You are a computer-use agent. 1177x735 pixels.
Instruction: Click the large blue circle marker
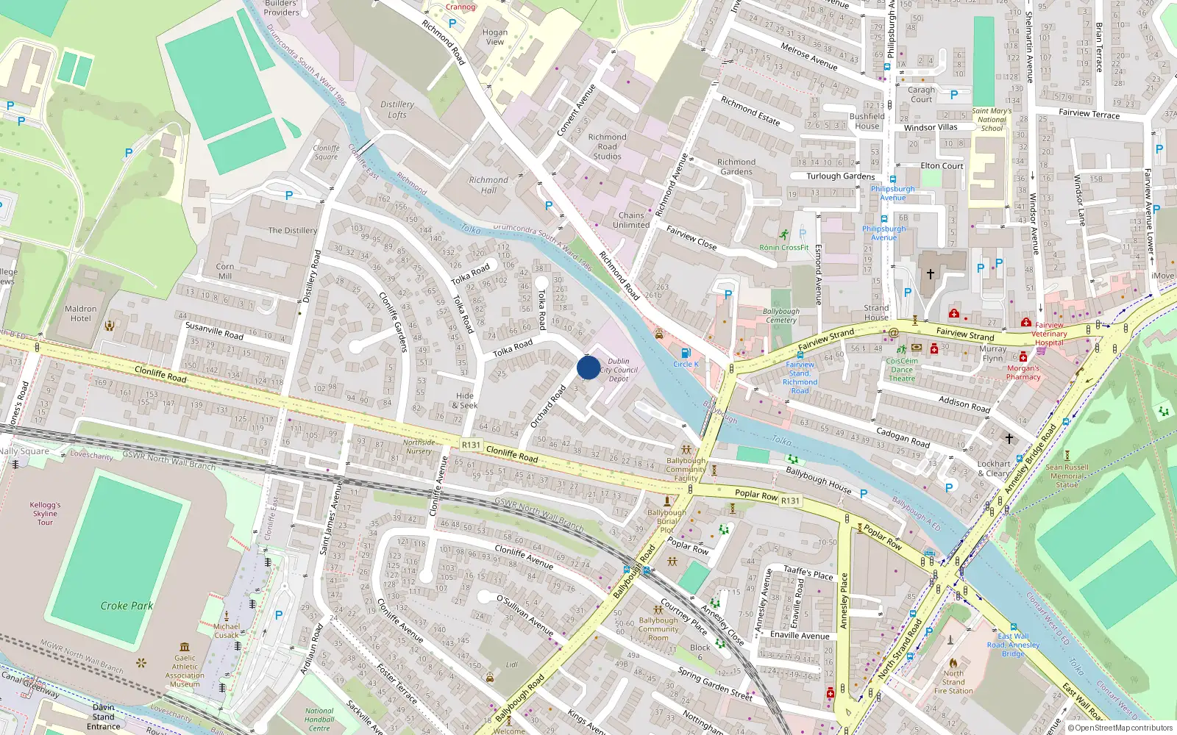click(x=588, y=367)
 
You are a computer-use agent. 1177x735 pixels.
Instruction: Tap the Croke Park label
click(x=127, y=606)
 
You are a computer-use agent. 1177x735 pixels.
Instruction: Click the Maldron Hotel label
click(x=81, y=314)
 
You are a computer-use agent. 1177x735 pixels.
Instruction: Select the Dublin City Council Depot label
click(x=619, y=370)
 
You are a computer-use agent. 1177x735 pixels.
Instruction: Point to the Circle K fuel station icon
click(x=686, y=354)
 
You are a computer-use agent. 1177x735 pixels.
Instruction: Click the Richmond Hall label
click(x=488, y=185)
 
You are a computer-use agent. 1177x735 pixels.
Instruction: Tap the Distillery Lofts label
click(x=397, y=110)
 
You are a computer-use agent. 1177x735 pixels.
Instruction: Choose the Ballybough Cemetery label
click(x=781, y=316)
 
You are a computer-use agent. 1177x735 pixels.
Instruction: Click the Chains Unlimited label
click(x=631, y=220)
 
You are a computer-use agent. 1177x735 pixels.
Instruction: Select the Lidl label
click(x=512, y=664)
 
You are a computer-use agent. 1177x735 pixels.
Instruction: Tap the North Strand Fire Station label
click(x=953, y=682)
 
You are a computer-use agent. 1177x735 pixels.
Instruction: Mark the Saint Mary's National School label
click(x=992, y=120)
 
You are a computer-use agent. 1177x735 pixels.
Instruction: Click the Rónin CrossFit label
click(x=784, y=248)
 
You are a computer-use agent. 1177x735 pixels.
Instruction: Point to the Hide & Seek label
click(x=465, y=401)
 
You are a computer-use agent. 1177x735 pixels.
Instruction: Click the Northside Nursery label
click(x=419, y=447)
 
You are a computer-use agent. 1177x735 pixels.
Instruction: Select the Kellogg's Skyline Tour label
click(x=46, y=514)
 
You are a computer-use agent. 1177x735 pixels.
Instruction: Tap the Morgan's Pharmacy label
click(x=1023, y=373)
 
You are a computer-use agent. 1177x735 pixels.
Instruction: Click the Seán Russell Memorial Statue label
click(x=1067, y=476)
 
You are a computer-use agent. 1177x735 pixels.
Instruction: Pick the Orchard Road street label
click(x=548, y=406)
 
